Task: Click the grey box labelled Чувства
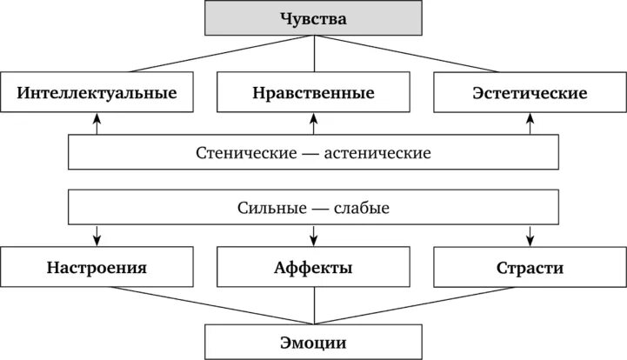313,17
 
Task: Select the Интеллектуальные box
97,92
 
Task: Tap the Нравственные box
314,92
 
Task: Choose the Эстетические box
530,92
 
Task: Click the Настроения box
97,268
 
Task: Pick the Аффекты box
313,268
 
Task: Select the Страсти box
530,268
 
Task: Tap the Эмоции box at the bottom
313,341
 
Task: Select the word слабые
360,209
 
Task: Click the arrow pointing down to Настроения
97,235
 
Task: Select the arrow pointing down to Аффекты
313,235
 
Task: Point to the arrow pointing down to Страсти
530,235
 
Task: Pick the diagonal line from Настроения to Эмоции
200,304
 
